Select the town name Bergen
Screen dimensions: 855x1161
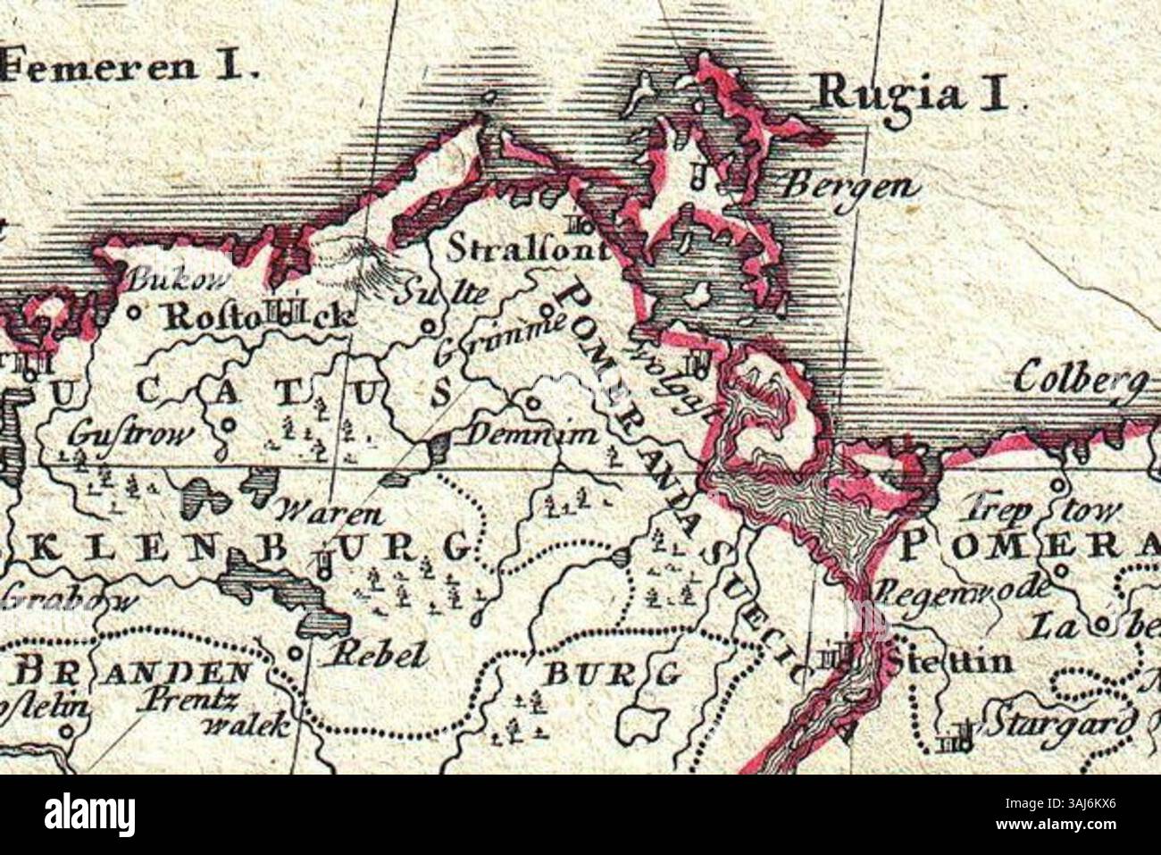click(x=849, y=187)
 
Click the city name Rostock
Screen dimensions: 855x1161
click(x=259, y=316)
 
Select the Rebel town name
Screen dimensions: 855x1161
click(x=374, y=655)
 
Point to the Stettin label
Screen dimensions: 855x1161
click(x=951, y=662)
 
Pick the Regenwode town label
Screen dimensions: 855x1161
click(x=961, y=590)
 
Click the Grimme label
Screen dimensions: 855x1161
click(x=500, y=338)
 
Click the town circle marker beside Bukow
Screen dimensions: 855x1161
click(x=135, y=313)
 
